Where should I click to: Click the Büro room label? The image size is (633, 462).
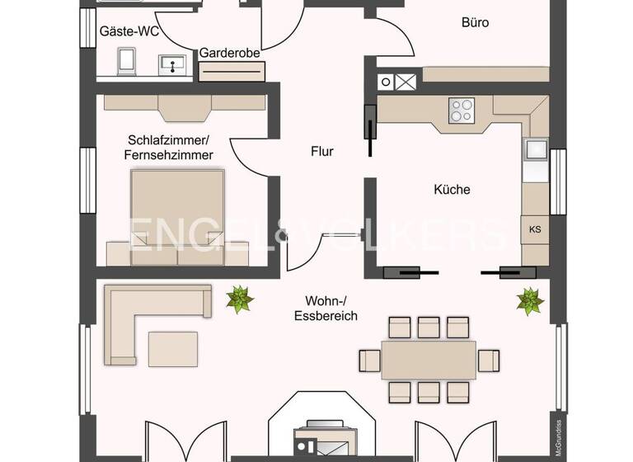point(475,23)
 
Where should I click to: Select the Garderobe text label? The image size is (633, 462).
point(230,53)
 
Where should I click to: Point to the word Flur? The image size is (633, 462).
point(321,151)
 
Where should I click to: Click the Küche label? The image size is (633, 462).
point(452,189)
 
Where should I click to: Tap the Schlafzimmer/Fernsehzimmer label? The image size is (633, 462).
point(169,147)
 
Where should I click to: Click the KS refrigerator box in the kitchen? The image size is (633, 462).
point(534,229)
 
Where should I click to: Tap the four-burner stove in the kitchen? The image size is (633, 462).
point(462,111)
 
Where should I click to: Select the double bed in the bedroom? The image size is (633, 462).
point(177,210)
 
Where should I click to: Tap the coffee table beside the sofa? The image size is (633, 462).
point(172,348)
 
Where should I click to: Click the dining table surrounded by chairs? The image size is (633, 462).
point(429,360)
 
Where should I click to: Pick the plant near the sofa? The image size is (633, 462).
point(240,299)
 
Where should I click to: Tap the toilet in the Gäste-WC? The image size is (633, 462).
point(127,60)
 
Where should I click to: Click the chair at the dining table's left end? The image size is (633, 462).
point(369,361)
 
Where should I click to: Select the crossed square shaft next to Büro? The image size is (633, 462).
point(405,82)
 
